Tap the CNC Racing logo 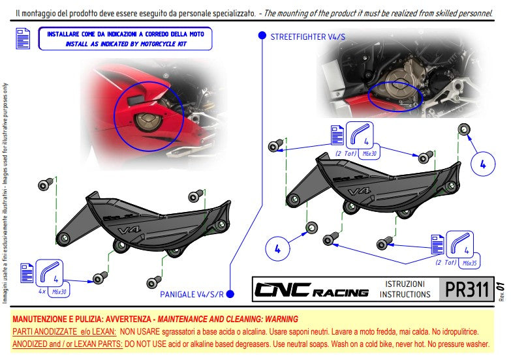[311, 290]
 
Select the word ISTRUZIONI [405, 284]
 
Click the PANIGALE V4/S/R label [191, 295]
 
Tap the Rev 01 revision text [501, 288]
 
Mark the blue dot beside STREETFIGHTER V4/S [262, 37]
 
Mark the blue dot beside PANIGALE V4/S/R [230, 295]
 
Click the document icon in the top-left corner [22, 39]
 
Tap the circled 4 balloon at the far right [482, 165]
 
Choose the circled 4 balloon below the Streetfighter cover [277, 248]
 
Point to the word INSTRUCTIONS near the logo [405, 294]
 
